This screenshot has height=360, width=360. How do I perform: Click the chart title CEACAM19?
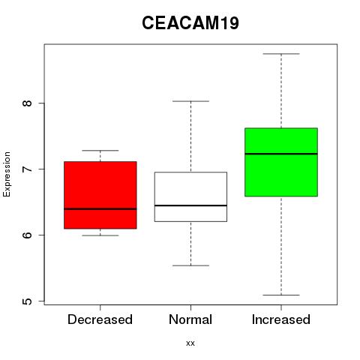(190, 23)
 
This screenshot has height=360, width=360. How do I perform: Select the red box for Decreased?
(100, 195)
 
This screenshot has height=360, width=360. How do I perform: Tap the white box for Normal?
(190, 196)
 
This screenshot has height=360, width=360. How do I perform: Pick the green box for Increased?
(281, 162)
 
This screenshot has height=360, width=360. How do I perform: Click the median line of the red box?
(100, 209)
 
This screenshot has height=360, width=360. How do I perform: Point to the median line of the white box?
(190, 205)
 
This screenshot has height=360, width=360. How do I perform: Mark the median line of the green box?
(281, 154)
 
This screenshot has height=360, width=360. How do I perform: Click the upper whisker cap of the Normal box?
(190, 101)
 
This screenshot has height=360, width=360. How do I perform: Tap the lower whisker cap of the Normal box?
(190, 265)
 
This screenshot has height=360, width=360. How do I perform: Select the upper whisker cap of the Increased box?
(281, 54)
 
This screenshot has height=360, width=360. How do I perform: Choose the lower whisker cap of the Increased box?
(281, 295)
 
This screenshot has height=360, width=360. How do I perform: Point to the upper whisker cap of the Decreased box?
(100, 151)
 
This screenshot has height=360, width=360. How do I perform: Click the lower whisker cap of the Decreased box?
(100, 235)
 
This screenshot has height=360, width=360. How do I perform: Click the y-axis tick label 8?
(27, 103)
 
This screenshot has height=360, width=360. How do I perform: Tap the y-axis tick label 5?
(27, 301)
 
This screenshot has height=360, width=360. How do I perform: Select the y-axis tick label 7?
(27, 169)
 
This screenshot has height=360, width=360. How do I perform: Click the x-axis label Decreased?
(100, 319)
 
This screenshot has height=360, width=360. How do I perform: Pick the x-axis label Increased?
(281, 319)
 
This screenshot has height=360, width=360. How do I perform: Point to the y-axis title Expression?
(7, 174)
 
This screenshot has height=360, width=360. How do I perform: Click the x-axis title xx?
(190, 343)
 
